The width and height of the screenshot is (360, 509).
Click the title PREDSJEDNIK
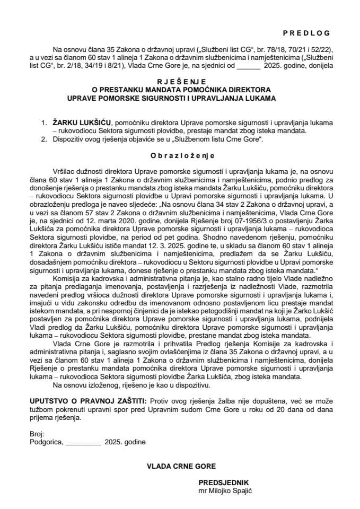click(x=223, y=483)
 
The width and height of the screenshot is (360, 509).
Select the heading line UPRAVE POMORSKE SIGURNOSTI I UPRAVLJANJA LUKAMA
click(x=180, y=98)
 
